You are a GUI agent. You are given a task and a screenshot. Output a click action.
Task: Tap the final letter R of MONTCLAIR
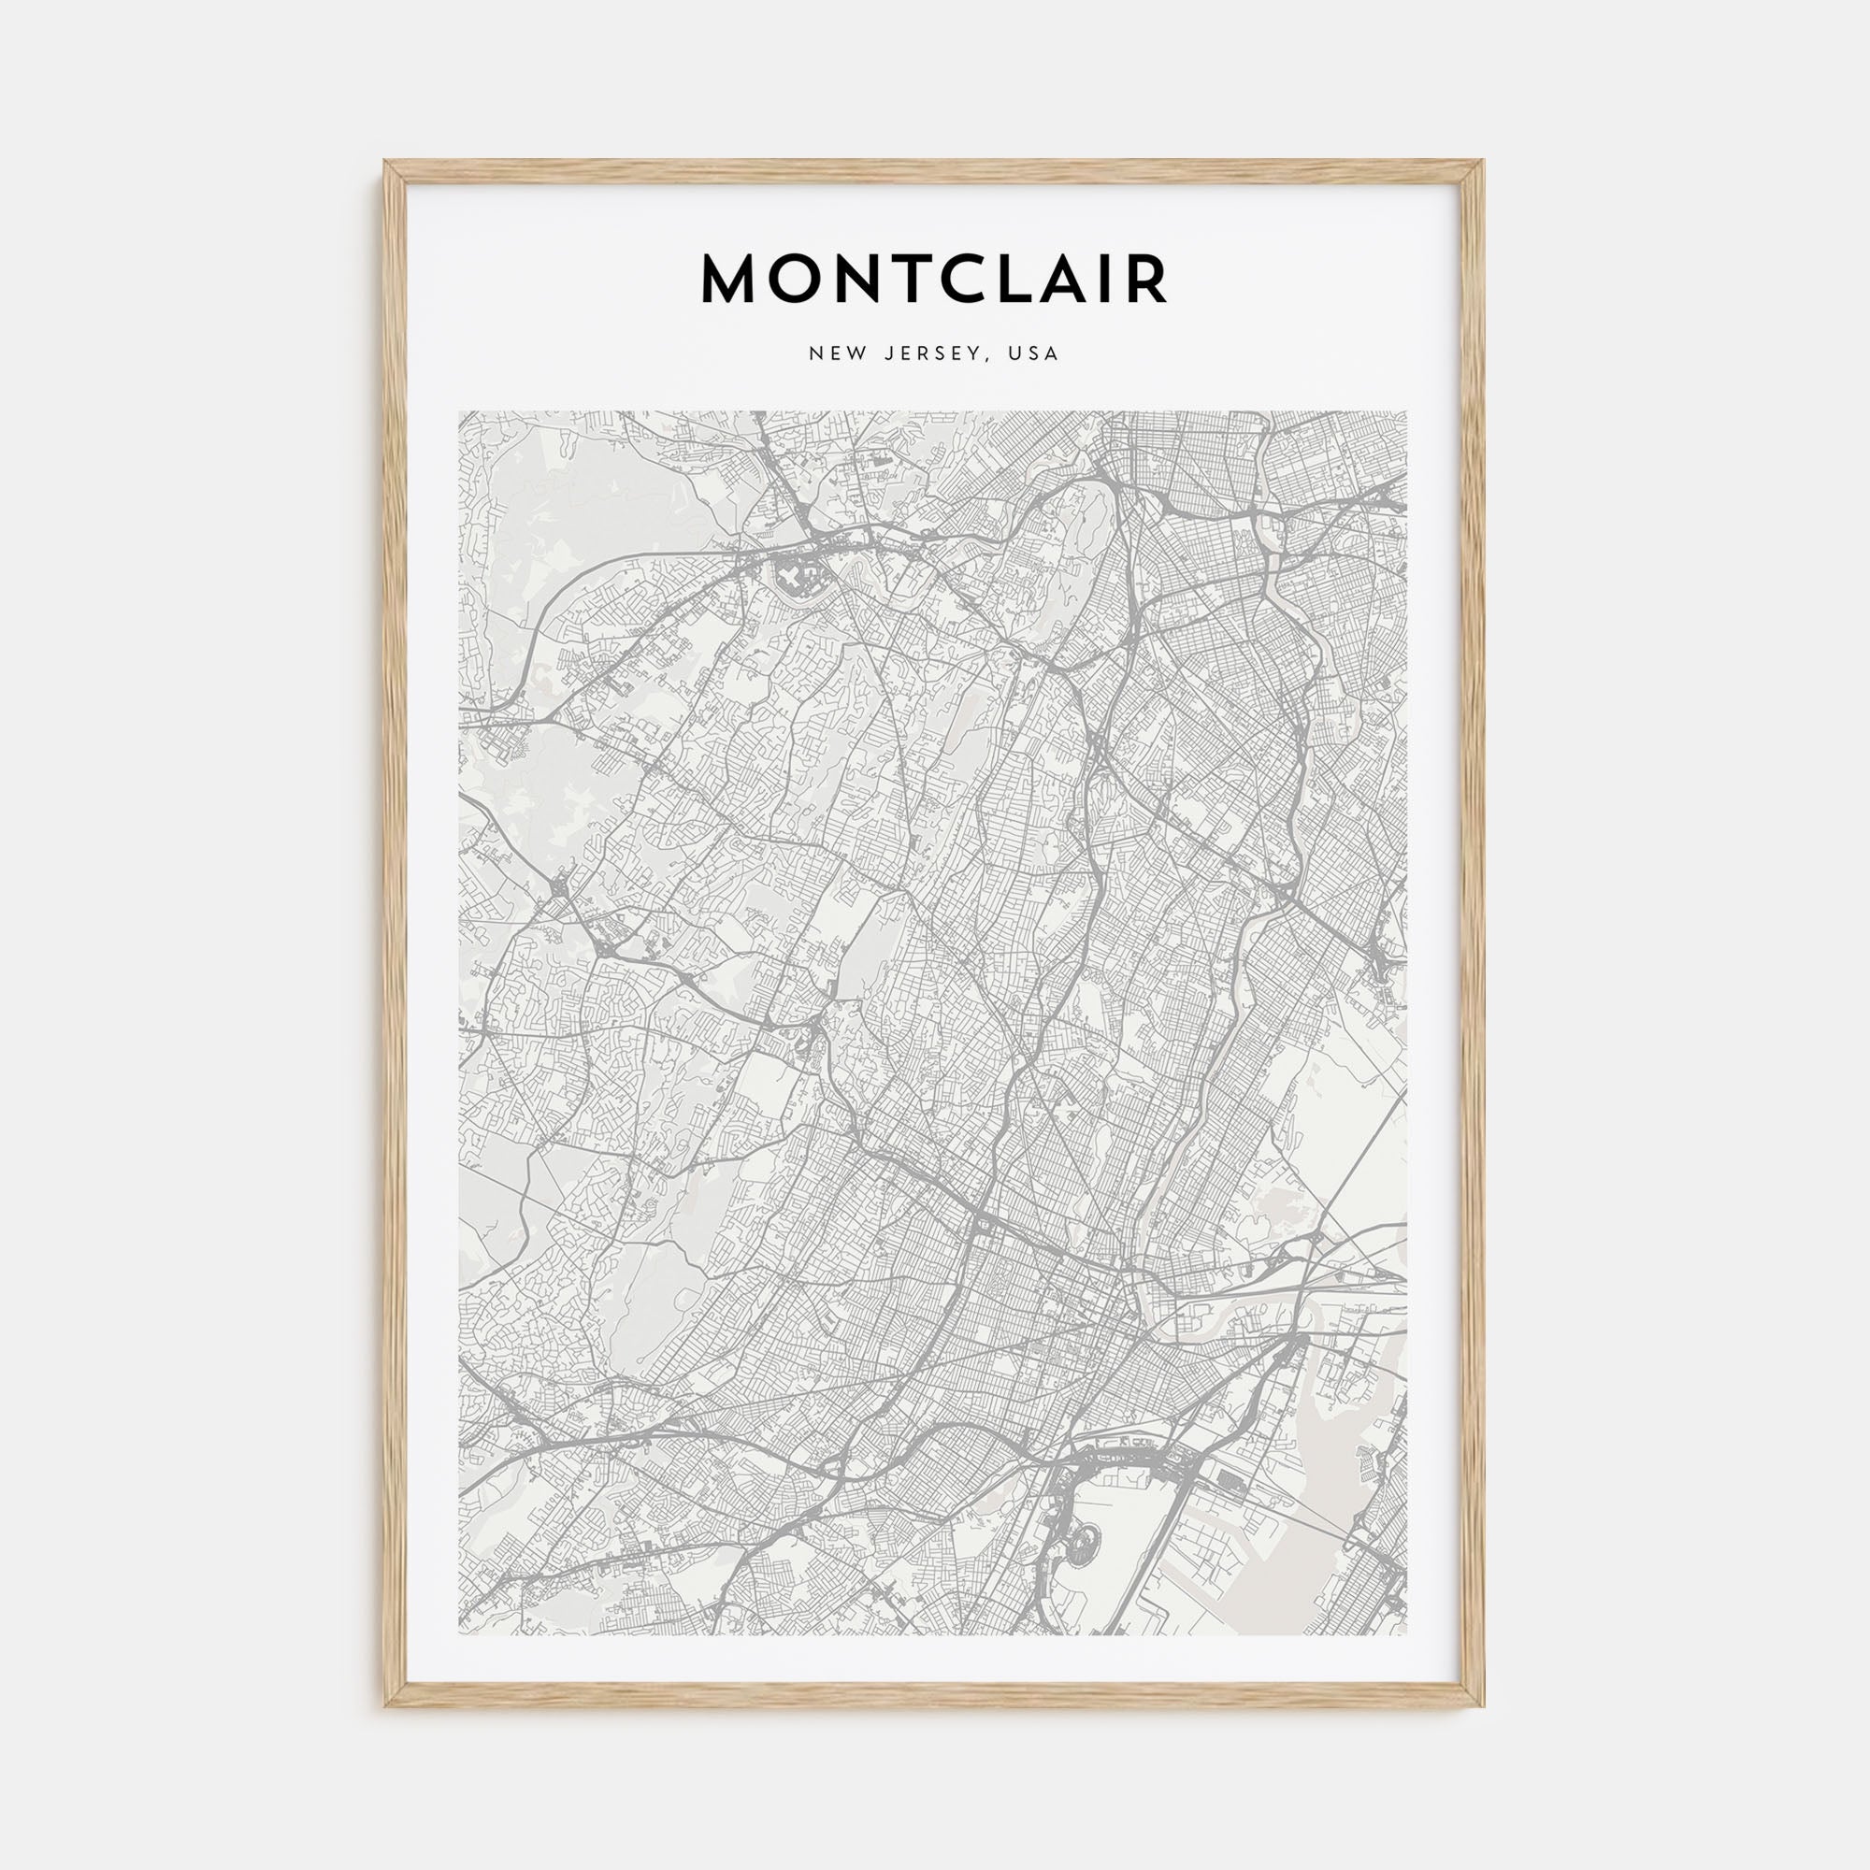(x=1148, y=280)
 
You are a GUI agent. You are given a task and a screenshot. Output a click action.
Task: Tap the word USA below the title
(x=1033, y=353)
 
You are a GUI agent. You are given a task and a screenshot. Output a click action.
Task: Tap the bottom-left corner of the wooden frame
(x=385, y=1705)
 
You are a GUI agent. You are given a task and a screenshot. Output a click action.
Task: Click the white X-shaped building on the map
(x=792, y=580)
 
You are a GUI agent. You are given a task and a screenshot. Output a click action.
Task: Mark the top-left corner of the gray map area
(x=460, y=412)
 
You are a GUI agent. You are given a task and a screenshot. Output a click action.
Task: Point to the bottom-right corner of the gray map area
(x=1406, y=1634)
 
